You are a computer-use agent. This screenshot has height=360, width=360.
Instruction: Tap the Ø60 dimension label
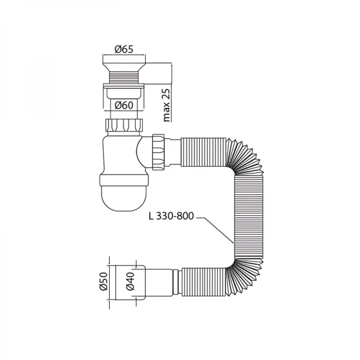coord(125,106)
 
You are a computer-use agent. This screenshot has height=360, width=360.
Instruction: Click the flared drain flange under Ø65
coord(125,65)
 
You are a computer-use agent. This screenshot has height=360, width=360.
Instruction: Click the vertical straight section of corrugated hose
coord(244,216)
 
